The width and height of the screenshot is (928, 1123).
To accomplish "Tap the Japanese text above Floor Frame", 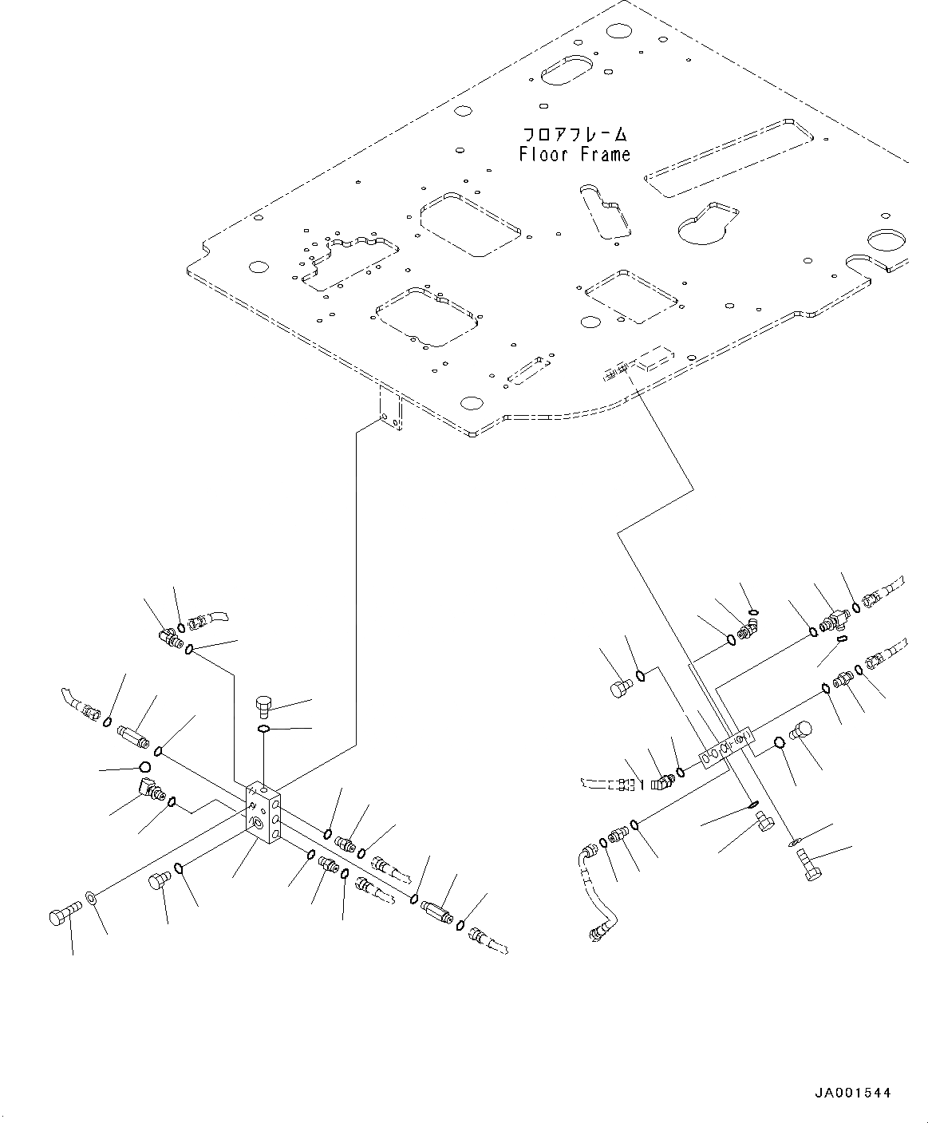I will tap(575, 133).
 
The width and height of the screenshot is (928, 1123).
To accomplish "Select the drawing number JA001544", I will tap(852, 1093).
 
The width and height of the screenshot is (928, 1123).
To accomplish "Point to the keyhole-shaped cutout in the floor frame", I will tap(708, 223).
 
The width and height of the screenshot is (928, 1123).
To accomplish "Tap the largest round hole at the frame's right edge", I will tap(886, 242).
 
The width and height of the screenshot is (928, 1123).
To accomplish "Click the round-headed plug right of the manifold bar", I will tap(802, 730).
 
